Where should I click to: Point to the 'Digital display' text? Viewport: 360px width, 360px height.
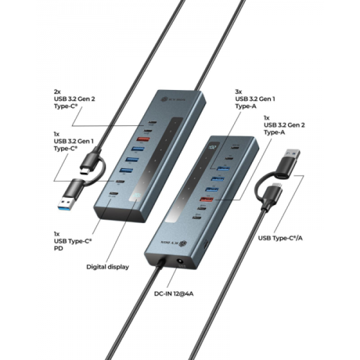pyautogui.click(x=107, y=266)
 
